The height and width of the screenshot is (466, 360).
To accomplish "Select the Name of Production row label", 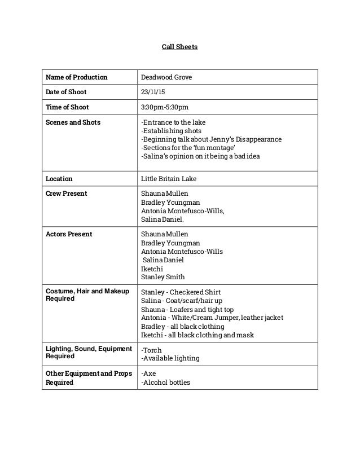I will (76, 77).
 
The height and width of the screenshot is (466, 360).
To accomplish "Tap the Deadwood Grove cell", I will (166, 77).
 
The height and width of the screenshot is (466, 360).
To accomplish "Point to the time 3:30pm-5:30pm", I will (164, 107).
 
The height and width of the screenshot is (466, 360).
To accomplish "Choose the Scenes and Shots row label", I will (73, 122).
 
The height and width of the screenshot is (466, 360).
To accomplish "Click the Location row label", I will (59, 179).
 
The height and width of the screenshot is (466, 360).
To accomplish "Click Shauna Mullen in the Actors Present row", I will (165, 234).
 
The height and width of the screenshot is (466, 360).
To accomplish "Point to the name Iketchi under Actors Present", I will (151, 269).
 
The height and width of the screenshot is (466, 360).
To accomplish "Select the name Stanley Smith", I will (163, 278).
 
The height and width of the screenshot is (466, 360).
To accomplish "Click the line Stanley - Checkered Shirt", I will (181, 292).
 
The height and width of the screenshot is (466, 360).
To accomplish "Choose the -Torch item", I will (151, 350).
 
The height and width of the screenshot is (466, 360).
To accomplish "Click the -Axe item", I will (148, 373).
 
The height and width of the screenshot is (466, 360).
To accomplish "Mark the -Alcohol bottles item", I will (165, 382).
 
